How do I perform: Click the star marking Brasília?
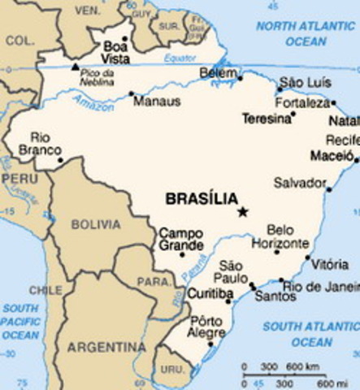[x=241, y=212]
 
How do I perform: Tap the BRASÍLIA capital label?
[x=202, y=198]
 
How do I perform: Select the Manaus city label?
[x=156, y=102]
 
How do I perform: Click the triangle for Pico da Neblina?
[x=76, y=66]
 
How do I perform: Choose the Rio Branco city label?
[x=45, y=144]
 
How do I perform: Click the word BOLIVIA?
[x=95, y=223]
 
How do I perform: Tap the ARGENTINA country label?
[x=106, y=347]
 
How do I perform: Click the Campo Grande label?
[x=180, y=238]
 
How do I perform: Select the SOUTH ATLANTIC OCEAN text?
[x=306, y=335]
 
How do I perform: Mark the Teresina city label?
[x=266, y=119]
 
